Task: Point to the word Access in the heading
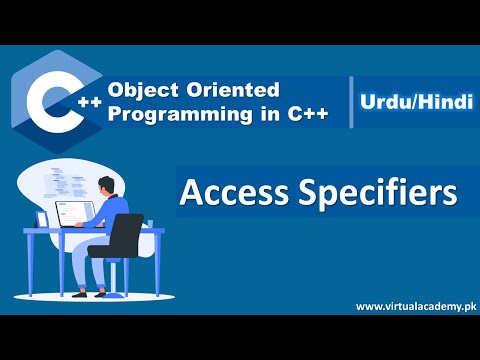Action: pos(229,191)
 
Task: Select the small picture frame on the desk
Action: pos(42,218)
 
